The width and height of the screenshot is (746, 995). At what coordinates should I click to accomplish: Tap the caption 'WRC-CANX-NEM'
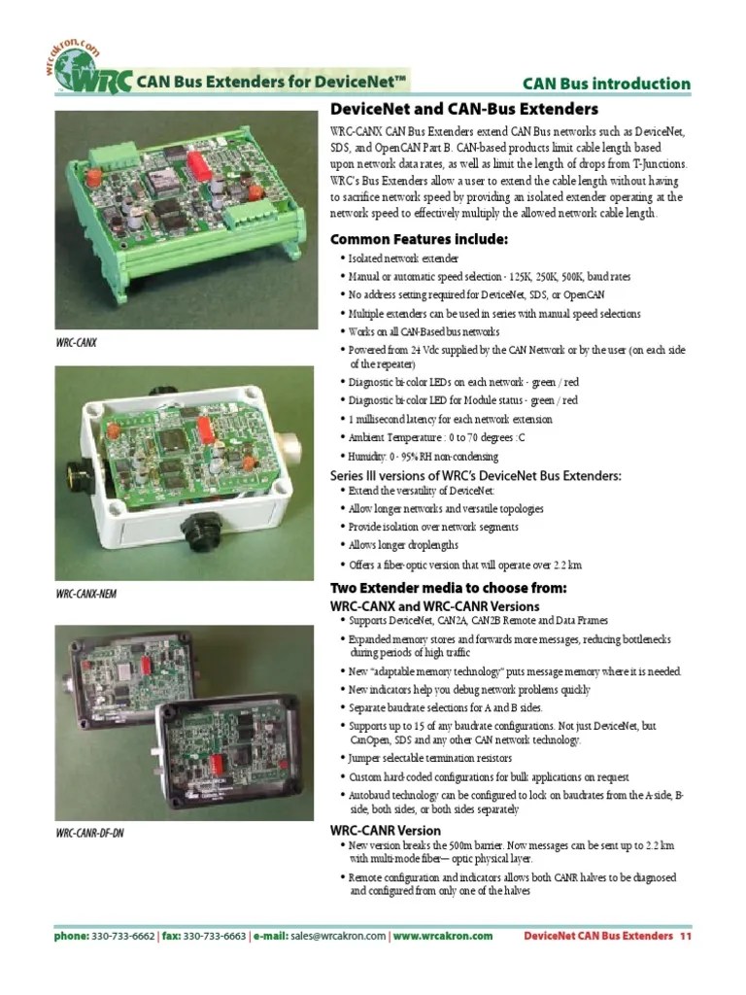pos(86,593)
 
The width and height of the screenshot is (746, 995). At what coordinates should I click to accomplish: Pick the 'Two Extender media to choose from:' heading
pos(449,589)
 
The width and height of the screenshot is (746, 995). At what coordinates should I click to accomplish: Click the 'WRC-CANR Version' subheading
pos(386,831)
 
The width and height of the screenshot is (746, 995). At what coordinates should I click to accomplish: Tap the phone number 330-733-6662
pos(122,937)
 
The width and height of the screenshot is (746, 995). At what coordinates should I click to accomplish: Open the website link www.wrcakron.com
pos(444,937)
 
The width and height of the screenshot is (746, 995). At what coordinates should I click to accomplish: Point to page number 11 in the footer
pos(685,937)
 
